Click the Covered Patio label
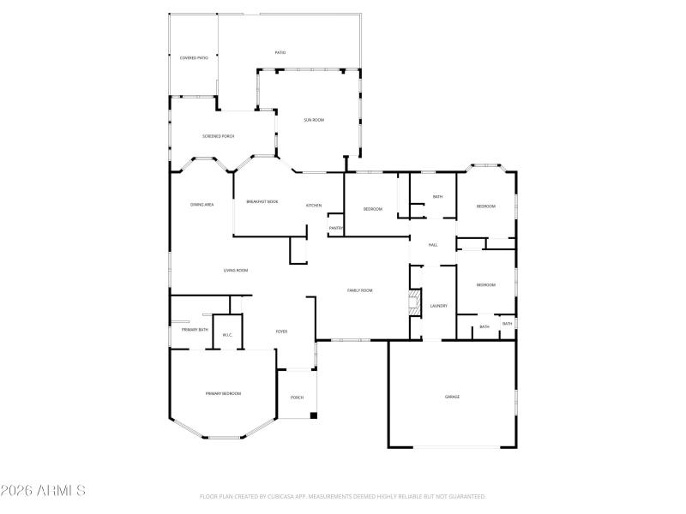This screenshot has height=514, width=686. click(194, 57)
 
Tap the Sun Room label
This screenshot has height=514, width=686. click(314, 120)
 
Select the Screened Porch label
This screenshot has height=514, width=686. click(219, 136)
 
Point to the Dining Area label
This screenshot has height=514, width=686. click(202, 205)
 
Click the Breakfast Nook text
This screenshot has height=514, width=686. click(262, 201)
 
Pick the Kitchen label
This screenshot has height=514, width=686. click(314, 206)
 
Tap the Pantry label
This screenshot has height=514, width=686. click(336, 228)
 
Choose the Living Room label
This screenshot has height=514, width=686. click(236, 271)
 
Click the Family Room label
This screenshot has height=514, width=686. click(359, 290)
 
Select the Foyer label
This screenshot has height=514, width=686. click(280, 332)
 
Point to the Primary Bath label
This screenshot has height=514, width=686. click(195, 330)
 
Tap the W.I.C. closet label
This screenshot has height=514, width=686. click(227, 335)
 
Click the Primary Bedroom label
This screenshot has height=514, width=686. click(223, 393)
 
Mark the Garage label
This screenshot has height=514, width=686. click(452, 397)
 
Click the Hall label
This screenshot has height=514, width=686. click(433, 246)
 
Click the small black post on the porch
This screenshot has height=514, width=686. click(313, 415)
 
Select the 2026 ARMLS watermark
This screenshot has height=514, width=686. click(43, 491)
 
